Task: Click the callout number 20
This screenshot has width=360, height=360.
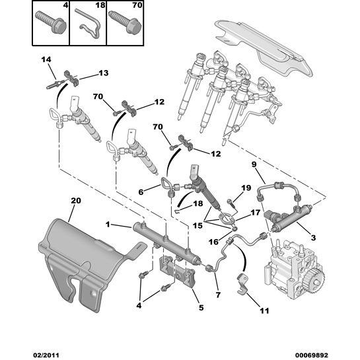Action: click(x=76, y=201)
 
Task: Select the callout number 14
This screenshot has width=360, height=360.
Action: click(x=46, y=59)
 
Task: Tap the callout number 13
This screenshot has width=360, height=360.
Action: click(x=103, y=73)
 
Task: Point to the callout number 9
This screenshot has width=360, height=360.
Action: click(x=254, y=164)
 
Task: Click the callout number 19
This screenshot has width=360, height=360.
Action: click(x=246, y=188)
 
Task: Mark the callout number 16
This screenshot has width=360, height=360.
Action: click(x=213, y=242)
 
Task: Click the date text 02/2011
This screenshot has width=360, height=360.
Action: click(x=45, y=355)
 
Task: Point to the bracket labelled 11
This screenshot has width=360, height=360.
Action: click(x=242, y=284)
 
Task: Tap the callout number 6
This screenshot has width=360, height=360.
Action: click(x=141, y=192)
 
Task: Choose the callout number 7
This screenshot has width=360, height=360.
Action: click(x=218, y=295)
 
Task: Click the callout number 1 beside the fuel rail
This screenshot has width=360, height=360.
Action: click(x=108, y=224)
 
